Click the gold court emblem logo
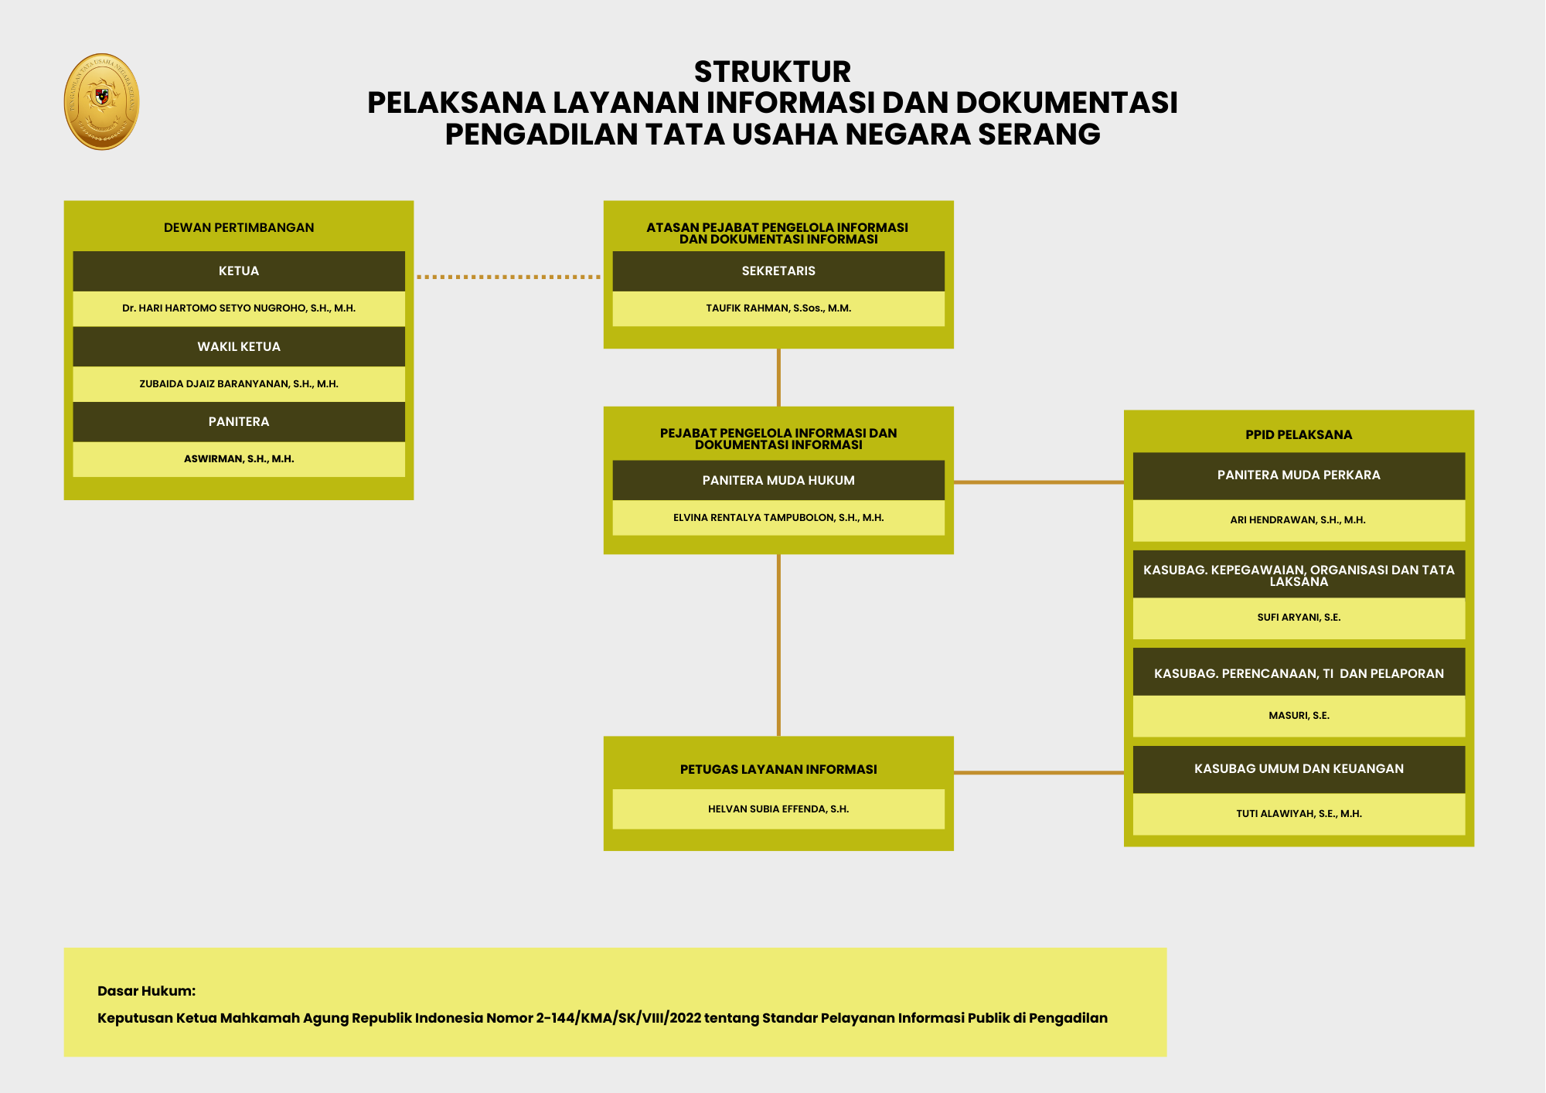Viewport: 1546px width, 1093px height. coord(101,101)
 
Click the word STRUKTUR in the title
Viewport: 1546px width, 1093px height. coord(772,72)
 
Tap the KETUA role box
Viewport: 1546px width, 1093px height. coord(239,271)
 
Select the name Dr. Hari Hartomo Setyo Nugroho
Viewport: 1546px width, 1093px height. coord(239,308)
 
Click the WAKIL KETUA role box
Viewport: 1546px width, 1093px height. coord(239,346)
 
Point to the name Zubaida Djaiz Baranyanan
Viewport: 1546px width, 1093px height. coord(239,384)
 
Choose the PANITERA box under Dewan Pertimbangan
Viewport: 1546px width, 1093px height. coord(239,422)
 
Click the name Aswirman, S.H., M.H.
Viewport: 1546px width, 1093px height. coord(239,459)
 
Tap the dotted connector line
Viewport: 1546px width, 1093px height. coord(508,277)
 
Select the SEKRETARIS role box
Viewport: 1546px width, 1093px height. coord(778,271)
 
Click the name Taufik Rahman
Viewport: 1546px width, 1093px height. coord(778,308)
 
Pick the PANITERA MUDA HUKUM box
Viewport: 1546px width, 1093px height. coord(778,481)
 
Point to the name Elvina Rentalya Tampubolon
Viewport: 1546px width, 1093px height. coord(778,518)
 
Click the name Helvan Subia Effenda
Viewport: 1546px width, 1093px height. coord(778,809)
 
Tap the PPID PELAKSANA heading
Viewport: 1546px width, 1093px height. coord(1299,435)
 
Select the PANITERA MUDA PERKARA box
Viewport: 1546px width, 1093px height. coord(1299,475)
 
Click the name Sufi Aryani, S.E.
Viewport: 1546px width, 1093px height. coord(1299,618)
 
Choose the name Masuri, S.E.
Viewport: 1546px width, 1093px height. coord(1299,716)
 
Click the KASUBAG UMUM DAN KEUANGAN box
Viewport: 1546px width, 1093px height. coord(1299,769)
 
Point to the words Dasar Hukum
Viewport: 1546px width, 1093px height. coord(147,991)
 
